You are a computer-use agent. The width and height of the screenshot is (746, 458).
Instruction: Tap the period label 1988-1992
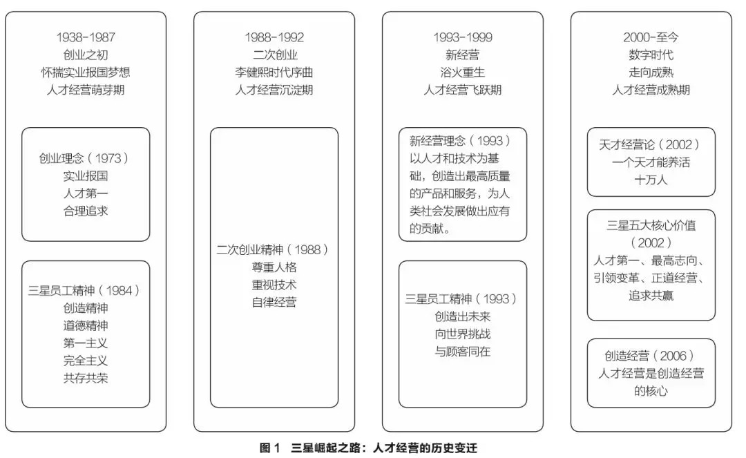274,37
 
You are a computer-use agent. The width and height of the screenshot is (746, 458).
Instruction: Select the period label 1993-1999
462,37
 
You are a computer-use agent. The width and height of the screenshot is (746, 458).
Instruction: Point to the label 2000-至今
651,37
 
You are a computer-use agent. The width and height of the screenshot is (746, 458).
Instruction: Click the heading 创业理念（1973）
85,158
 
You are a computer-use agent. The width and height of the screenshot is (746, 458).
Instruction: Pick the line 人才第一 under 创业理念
85,193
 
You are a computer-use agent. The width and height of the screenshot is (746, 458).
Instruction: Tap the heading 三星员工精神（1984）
85,290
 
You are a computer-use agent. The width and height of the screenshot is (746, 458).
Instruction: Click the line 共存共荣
85,378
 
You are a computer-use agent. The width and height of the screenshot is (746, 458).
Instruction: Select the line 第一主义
85,343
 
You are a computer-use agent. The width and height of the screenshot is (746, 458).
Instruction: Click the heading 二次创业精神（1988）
274,249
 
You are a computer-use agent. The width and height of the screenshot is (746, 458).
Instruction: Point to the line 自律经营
274,302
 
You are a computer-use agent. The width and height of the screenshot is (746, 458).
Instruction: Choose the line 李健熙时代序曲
274,72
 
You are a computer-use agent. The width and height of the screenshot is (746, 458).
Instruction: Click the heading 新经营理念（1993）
461,141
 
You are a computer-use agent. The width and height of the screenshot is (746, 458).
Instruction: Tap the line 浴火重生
462,72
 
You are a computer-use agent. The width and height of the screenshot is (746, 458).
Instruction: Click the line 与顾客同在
462,351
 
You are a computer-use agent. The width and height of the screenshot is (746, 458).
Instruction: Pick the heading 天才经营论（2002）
651,145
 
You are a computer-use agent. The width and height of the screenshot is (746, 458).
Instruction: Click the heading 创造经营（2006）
651,356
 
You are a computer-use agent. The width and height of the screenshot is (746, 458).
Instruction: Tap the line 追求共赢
651,296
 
